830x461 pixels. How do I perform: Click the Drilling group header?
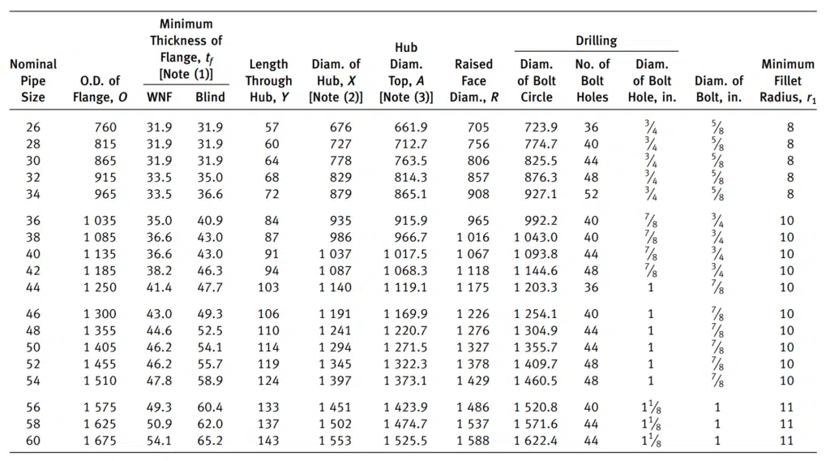coord(596,41)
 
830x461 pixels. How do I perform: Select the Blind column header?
coord(210,97)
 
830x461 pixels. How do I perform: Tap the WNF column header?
coord(160,97)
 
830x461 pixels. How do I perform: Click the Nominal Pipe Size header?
coord(32,80)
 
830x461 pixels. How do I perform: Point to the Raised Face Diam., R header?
coord(473,80)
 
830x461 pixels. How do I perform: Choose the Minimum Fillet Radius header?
coord(788,80)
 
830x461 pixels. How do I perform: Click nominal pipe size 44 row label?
coord(32,287)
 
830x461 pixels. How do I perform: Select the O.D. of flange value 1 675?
coord(100,441)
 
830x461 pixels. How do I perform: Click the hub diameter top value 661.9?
coord(410,127)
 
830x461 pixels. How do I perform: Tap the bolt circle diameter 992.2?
coord(541,221)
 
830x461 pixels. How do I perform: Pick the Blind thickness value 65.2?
coord(210,441)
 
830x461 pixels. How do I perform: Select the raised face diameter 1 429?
coord(473,381)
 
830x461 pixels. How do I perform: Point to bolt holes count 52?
coord(591,194)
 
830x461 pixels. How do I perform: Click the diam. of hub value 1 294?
coord(335,347)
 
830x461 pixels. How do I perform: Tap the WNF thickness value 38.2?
coord(160,270)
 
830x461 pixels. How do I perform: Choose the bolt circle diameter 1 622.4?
coord(535,441)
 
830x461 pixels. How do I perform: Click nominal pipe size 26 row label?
coord(32,127)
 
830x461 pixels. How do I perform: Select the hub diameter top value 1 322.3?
coord(405,364)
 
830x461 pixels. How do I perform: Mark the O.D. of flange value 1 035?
coord(100,221)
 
